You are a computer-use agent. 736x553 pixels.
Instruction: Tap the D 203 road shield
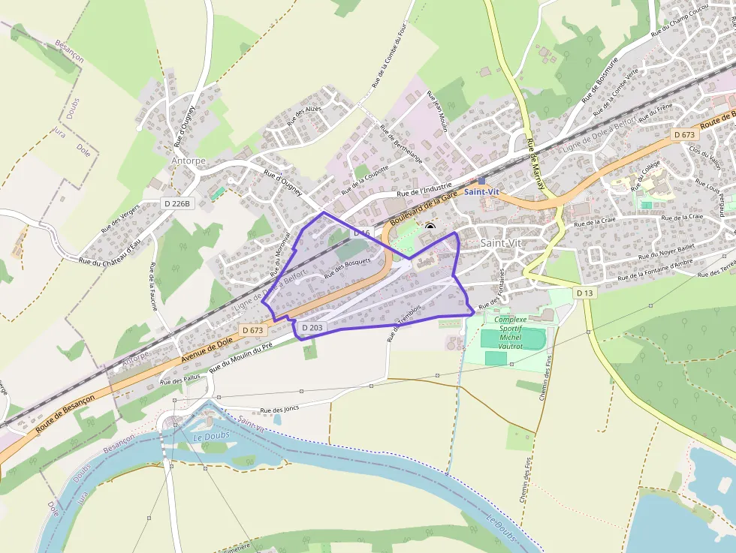(x=312, y=328)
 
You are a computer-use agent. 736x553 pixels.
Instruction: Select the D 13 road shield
(x=586, y=292)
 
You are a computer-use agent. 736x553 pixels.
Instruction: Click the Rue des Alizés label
(x=303, y=116)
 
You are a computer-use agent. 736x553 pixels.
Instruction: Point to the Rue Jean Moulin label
(x=437, y=112)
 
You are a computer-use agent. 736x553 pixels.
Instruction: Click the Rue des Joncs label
(x=279, y=410)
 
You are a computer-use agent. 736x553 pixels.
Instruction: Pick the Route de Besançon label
(x=65, y=413)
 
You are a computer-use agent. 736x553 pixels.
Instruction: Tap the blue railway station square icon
(x=481, y=181)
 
